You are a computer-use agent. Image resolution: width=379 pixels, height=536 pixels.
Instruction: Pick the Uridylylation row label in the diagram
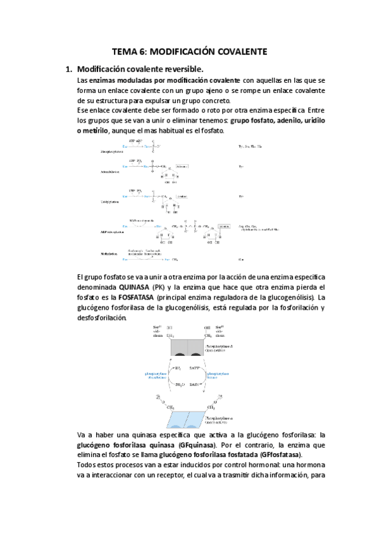click(102, 201)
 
